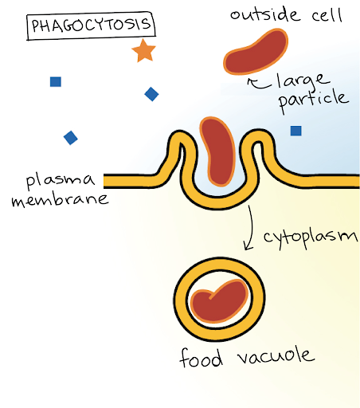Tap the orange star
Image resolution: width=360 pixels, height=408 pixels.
click(x=143, y=51)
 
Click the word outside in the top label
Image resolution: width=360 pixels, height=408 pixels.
click(x=265, y=15)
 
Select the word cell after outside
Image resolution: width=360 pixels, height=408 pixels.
click(x=327, y=15)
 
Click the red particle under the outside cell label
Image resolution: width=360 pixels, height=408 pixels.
click(x=256, y=53)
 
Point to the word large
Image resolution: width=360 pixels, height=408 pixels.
click(x=303, y=80)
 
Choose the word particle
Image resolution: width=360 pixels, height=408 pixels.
click(x=314, y=99)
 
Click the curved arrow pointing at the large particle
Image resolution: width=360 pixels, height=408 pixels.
click(x=259, y=84)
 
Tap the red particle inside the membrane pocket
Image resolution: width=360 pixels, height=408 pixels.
click(x=217, y=151)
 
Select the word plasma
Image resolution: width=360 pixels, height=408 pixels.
click(x=61, y=180)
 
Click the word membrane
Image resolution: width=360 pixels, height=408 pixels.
click(x=61, y=200)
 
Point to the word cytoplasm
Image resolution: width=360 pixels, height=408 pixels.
click(x=311, y=238)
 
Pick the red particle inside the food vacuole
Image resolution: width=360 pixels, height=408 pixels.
click(x=220, y=301)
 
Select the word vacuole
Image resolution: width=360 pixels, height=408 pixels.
click(x=276, y=356)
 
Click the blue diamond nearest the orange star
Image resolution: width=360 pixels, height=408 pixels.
click(x=151, y=94)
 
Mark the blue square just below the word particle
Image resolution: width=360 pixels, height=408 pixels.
click(x=296, y=131)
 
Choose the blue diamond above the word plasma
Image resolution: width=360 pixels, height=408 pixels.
click(x=71, y=138)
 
